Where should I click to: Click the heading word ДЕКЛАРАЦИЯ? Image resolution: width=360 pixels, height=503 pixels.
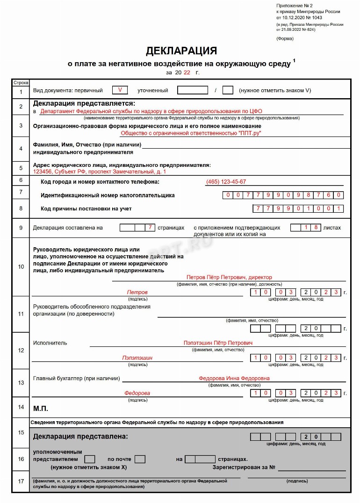(181, 51)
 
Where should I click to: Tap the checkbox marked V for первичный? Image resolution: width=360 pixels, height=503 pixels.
(120, 90)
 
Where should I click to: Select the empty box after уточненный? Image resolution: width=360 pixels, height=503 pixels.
(193, 90)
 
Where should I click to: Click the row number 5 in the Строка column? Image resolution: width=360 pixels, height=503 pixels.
(21, 168)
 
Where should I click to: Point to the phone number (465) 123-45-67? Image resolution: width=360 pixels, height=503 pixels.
(226, 182)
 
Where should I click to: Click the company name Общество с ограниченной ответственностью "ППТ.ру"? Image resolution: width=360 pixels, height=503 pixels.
(191, 133)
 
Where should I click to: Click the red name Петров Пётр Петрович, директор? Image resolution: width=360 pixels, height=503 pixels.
(229, 277)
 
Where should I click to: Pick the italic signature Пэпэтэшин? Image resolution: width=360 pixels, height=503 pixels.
(137, 358)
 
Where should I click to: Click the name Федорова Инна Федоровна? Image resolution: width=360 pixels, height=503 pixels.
(234, 378)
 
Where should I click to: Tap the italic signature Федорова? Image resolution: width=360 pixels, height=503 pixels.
(137, 393)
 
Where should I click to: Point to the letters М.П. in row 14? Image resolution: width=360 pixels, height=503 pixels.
(41, 408)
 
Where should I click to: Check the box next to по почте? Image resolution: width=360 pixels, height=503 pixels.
(140, 459)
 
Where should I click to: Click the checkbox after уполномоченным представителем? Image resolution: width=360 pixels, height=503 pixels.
(90, 459)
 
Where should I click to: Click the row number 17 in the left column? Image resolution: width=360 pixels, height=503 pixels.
(21, 481)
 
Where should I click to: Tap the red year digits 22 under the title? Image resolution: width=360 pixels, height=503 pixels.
(187, 72)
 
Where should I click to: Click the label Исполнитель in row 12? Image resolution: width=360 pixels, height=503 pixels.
(50, 343)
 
